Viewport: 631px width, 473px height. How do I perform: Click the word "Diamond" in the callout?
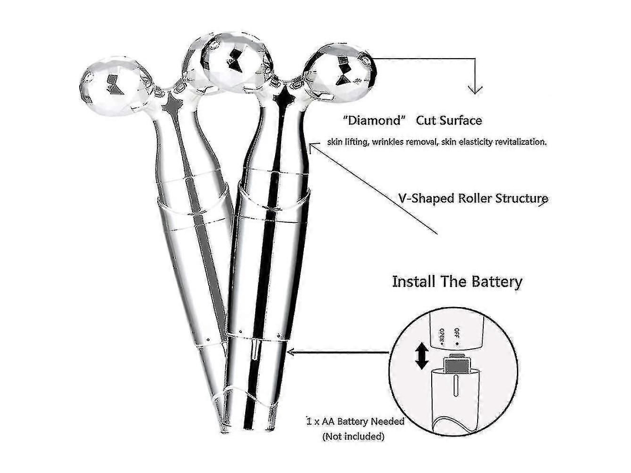[374, 120]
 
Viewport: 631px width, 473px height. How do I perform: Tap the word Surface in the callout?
[461, 120]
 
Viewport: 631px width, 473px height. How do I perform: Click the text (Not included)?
[353, 436]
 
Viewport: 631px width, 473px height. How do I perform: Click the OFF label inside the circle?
[456, 334]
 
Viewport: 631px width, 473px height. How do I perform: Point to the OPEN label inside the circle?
[442, 337]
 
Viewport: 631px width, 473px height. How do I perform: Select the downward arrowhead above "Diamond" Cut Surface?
[475, 89]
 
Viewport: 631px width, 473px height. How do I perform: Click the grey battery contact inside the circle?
[456, 366]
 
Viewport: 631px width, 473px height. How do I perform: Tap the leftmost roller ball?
[111, 86]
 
